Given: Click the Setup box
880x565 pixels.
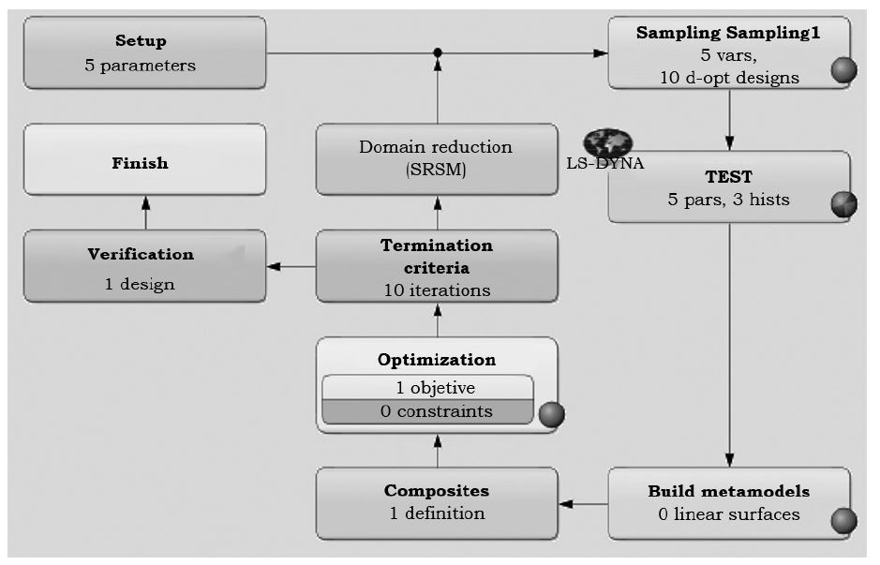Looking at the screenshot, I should (144, 53).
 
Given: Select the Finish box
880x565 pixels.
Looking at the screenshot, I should (144, 161).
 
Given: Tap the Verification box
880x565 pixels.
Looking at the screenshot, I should (144, 267).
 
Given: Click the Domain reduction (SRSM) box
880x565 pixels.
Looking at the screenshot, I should (437, 159).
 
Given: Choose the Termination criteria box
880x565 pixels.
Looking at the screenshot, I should (437, 267).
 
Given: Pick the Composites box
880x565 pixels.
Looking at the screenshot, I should (437, 503).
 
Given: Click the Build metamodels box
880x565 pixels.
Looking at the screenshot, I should (729, 503).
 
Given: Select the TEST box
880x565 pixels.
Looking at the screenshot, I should (729, 187).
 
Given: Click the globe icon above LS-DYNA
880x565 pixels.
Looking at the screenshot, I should (607, 142).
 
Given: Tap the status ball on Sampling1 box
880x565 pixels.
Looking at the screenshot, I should (843, 70).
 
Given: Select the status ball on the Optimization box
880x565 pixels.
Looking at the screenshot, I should (552, 413).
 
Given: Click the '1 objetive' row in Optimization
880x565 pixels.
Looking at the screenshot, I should (427, 388).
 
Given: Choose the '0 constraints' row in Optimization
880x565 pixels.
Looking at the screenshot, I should (427, 411).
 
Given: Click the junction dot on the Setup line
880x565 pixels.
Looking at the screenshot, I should (437, 52).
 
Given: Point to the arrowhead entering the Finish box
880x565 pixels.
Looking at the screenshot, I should (145, 201).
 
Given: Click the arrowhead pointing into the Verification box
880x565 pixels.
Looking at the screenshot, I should (274, 267).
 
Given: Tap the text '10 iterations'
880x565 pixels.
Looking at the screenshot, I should (437, 290).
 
